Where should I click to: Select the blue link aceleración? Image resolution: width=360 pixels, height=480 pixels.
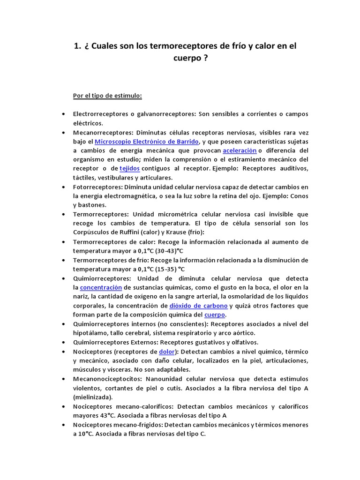[x=240, y=150]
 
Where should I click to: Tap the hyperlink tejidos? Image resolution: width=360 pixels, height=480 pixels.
[x=130, y=168]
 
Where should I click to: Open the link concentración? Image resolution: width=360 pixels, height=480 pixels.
[x=101, y=287]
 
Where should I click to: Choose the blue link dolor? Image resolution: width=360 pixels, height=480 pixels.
[x=167, y=351]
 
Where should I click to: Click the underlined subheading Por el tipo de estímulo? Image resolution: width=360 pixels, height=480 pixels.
[x=107, y=96]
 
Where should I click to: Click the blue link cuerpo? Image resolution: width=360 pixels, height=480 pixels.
[x=215, y=315]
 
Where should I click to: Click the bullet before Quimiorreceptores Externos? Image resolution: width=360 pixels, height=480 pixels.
[x=63, y=342]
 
